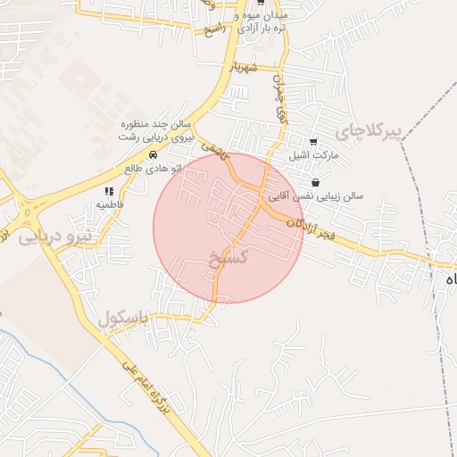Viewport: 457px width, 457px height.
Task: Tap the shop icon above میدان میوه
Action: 260,3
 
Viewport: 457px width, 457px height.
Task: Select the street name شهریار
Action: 242,66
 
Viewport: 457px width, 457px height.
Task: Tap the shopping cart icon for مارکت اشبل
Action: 312,142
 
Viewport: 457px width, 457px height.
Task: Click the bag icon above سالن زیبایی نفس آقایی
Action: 315,183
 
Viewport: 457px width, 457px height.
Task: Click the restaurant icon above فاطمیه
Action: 109,191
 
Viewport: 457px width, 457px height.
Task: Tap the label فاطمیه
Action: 110,204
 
